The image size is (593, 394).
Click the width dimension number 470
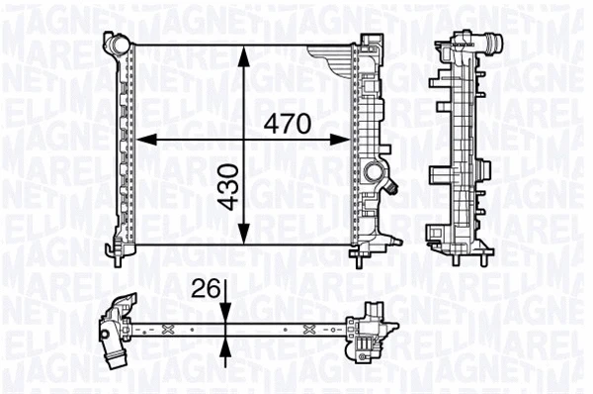287,124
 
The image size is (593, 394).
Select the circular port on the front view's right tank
374,174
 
